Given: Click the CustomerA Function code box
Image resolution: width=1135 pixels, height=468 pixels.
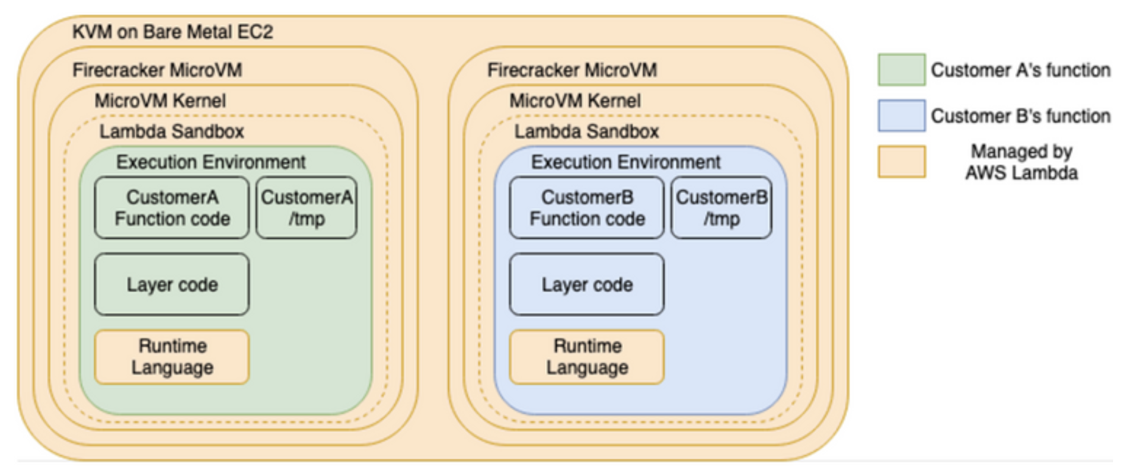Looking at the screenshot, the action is click(172, 208).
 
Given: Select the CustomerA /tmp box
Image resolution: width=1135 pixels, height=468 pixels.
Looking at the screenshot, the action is click(306, 208).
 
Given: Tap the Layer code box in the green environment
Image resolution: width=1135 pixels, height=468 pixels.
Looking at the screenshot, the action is click(172, 285).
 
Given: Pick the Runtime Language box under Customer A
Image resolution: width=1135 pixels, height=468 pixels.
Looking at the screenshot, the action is click(172, 357).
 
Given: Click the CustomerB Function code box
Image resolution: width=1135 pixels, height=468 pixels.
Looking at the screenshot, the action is click(587, 208).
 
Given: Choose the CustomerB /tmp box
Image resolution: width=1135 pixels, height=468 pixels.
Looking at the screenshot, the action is click(722, 208).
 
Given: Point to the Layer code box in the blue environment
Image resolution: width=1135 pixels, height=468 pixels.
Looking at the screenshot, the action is click(587, 285).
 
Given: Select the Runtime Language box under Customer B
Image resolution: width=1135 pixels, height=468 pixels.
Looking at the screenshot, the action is click(587, 357).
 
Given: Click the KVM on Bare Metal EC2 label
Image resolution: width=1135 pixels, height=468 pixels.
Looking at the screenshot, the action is click(173, 32).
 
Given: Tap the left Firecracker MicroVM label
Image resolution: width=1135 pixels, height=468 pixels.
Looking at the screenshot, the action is click(157, 70).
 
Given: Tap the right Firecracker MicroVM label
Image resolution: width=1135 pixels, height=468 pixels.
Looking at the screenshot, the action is click(572, 70).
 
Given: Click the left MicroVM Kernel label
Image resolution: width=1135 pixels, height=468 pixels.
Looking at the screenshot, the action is click(160, 101).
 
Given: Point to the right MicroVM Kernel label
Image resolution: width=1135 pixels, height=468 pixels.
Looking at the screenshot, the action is click(575, 101).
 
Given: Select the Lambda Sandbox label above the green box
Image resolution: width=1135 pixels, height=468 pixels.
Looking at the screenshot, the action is click(172, 131).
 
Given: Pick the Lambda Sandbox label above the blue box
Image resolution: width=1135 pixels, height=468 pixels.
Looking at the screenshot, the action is click(587, 131).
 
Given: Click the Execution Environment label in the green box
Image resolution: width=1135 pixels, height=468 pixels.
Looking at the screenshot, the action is click(211, 162).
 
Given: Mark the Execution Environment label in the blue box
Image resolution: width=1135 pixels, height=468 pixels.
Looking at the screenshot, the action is click(626, 162).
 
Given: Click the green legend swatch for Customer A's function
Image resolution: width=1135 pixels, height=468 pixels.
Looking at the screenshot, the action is click(902, 69).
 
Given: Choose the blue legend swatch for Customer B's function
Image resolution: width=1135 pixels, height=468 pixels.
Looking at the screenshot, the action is click(902, 116).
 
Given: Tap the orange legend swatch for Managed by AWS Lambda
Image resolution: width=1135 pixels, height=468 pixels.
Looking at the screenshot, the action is click(902, 161).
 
